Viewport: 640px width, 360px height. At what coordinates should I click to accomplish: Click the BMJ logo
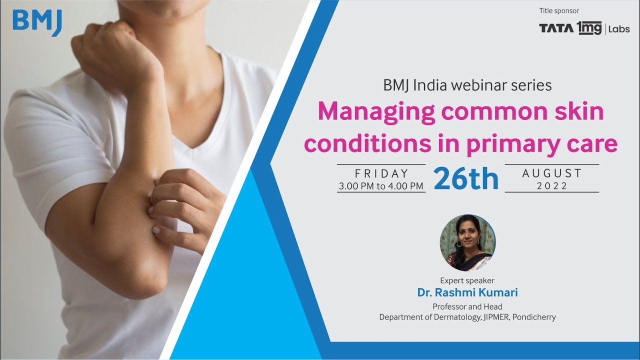[x=37, y=22]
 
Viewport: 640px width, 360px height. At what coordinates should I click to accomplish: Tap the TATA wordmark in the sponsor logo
[x=556, y=28]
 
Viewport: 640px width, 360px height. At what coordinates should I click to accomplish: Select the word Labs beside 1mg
[x=619, y=29]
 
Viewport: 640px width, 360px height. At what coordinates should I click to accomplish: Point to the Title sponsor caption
[x=559, y=10]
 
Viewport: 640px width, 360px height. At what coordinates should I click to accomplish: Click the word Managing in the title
[x=375, y=111]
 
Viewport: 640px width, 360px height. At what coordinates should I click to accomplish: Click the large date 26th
[x=466, y=178]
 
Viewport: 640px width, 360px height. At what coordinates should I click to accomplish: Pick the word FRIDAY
[x=381, y=173]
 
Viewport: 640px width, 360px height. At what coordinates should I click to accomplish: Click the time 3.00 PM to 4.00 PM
[x=381, y=186]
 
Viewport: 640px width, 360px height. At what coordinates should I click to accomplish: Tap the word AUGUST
[x=552, y=173]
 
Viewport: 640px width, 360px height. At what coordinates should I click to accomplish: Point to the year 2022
[x=552, y=186]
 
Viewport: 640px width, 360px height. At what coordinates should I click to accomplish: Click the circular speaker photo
[x=467, y=243]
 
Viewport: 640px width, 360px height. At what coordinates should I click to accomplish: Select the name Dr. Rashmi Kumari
[x=467, y=292]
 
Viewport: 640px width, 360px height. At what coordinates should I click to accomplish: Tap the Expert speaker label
[x=467, y=280]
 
